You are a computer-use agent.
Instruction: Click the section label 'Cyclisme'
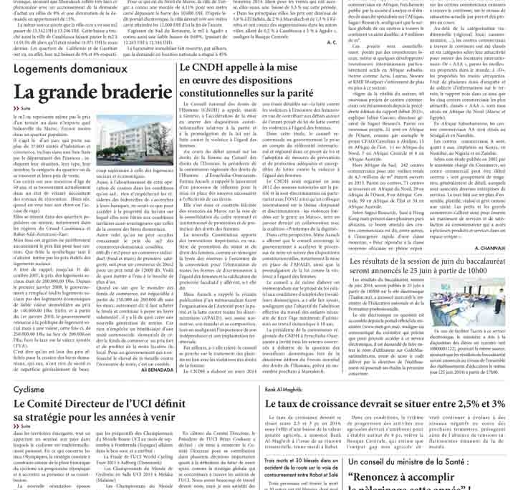pos(29,390)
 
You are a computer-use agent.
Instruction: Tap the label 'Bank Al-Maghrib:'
pos(284,389)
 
